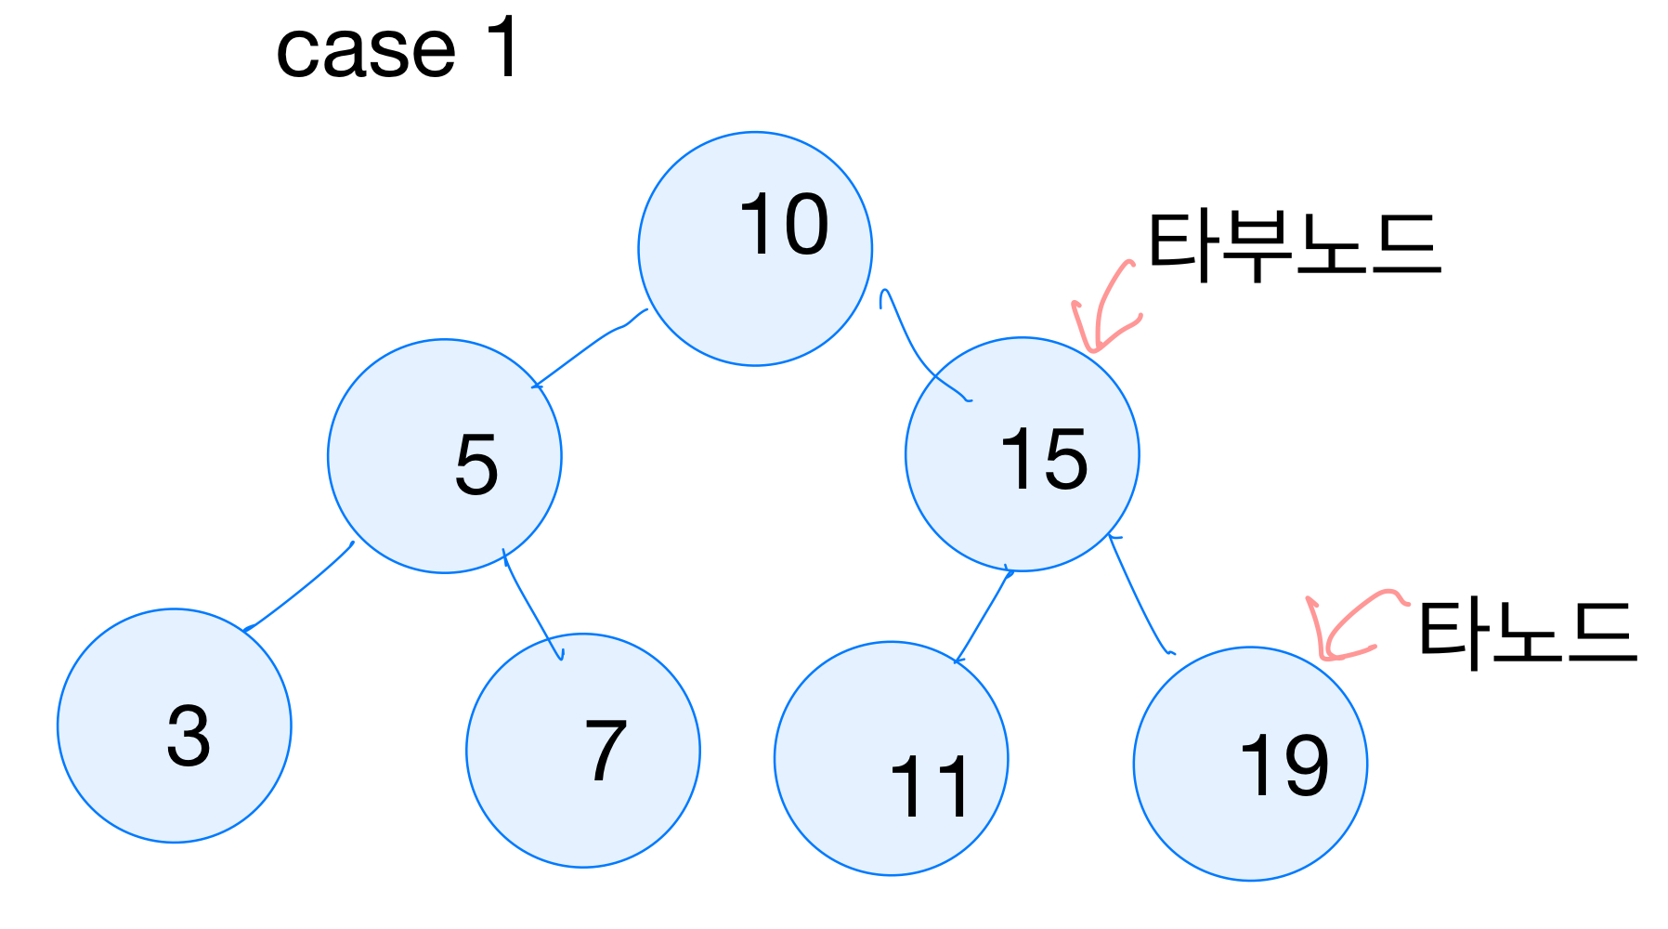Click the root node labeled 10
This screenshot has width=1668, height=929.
tap(755, 249)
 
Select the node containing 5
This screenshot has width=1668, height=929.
tap(445, 456)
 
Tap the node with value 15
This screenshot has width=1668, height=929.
tap(1022, 454)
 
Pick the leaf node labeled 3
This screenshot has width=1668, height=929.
tap(175, 726)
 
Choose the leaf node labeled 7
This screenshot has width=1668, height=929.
tap(583, 751)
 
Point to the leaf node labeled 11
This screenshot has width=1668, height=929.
tap(891, 758)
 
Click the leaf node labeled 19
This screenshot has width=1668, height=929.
tap(1250, 764)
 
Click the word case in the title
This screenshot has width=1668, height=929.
tap(366, 50)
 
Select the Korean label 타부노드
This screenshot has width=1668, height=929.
tap(1294, 245)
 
